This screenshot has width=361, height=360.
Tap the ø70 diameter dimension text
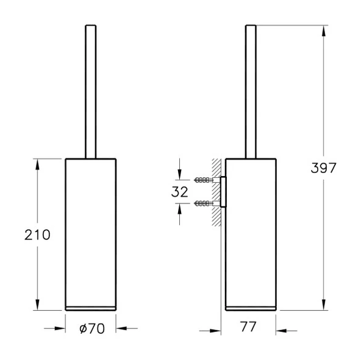click(x=91, y=328)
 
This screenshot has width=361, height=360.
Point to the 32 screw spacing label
click(x=180, y=191)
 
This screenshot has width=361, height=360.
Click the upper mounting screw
click(x=204, y=180)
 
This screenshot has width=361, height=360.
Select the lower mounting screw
click(x=204, y=202)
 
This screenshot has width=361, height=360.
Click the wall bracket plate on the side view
click(x=223, y=191)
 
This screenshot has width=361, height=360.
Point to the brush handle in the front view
click(x=90, y=91)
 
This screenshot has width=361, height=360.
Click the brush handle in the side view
click(x=251, y=91)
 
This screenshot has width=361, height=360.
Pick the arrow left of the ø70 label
click(x=58, y=328)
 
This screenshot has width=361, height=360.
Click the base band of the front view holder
click(x=90, y=306)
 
